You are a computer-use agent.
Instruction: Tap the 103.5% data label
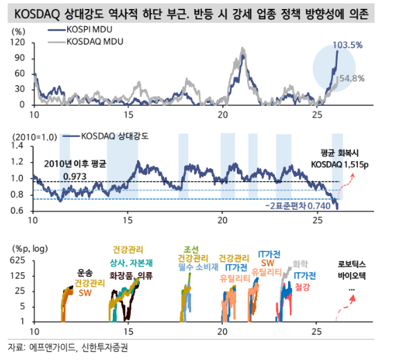tap(348, 45)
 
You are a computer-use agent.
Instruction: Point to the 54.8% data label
tap(352, 78)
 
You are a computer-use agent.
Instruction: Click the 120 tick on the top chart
tap(19, 42)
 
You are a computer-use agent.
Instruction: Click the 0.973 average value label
tap(75, 177)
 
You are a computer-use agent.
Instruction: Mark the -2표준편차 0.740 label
tap(300, 206)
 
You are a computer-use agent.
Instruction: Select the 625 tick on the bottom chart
tap(18, 260)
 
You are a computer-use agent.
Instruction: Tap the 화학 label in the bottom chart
tap(300, 263)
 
